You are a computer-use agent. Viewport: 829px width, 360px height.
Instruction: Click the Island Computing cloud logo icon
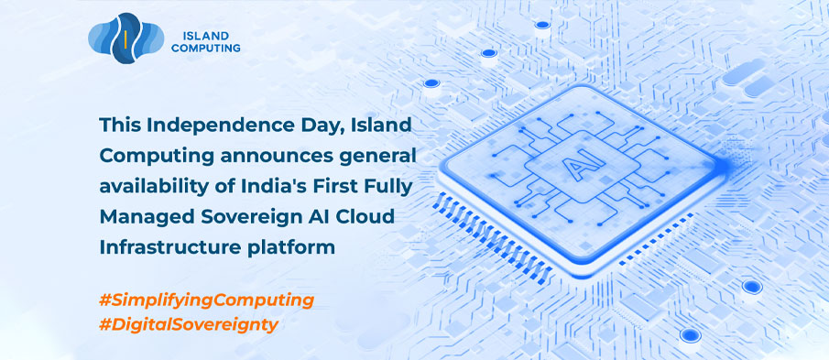125,38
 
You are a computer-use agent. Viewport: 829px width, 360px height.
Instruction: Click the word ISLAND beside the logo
206,37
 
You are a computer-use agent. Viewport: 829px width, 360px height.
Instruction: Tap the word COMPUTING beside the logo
206,49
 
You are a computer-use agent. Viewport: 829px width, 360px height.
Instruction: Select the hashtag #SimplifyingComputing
206,300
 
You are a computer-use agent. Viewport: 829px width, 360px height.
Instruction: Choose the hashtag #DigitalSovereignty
188,324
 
